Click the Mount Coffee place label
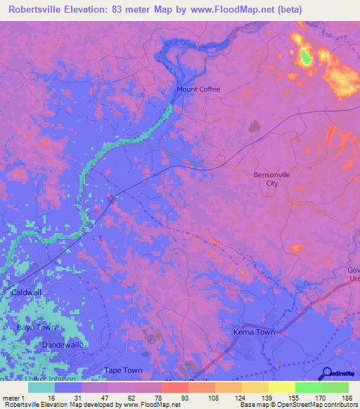click(198, 89)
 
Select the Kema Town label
click(254, 332)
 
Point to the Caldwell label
click(27, 291)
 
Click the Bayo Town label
click(36, 327)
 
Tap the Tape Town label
click(123, 370)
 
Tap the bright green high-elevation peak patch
click(306, 56)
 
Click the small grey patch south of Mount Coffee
click(253, 126)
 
